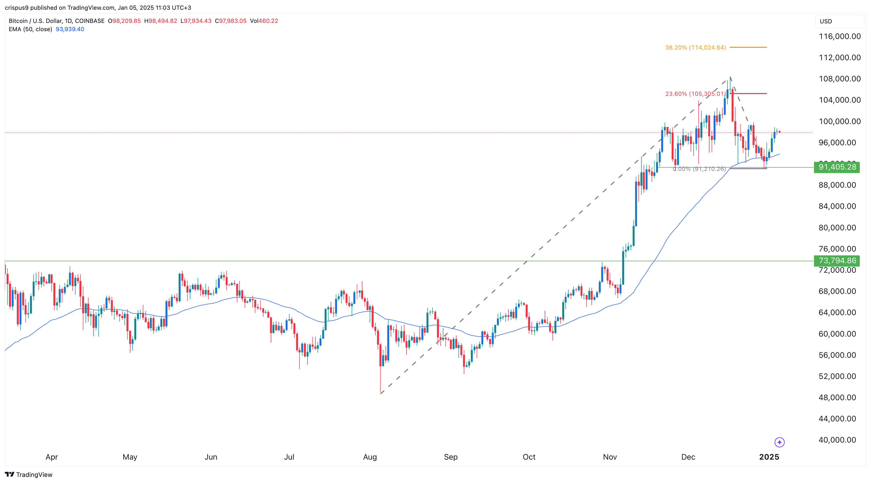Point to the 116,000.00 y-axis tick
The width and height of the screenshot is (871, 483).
pos(839,37)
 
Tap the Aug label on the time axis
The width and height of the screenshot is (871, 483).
pos(370,457)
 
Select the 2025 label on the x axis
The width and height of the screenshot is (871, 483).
pos(769,457)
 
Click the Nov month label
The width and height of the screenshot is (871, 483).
pos(610,457)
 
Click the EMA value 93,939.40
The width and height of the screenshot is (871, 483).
pos(70,29)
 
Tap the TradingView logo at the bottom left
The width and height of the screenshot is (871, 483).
pos(29,474)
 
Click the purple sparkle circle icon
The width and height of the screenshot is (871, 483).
pos(779,442)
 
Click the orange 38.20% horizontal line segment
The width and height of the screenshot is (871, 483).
pos(748,47)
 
